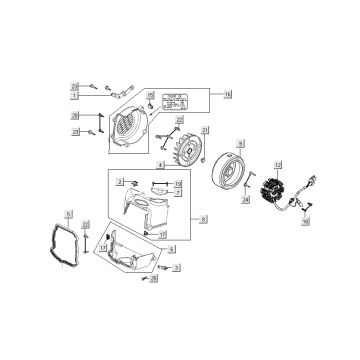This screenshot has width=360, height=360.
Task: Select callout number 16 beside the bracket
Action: (x=227, y=94)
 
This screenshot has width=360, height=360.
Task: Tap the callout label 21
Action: (x=206, y=132)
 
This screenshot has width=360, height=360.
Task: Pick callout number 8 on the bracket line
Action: (x=205, y=218)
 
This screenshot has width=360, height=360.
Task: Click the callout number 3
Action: (x=176, y=269)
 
